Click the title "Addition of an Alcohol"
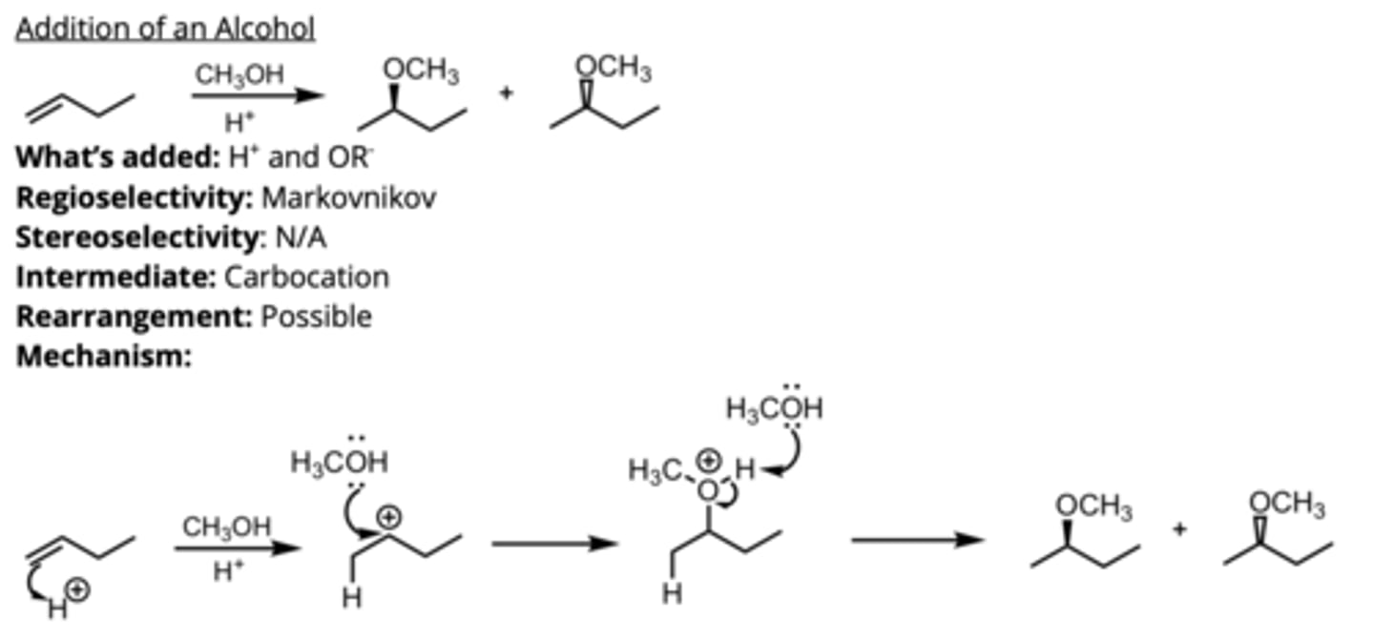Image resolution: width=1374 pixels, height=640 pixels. coord(165,30)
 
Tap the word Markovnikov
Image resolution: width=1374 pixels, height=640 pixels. coord(349,198)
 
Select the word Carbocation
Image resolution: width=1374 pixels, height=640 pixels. coord(306,277)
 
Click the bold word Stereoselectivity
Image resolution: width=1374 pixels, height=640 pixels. coord(135,237)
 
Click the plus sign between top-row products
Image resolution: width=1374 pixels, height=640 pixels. coord(506,93)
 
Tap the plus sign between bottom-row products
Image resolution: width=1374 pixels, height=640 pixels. coord(1179,527)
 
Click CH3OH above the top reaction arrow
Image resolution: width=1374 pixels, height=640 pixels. coord(239,75)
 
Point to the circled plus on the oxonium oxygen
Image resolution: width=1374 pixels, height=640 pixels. coord(708,461)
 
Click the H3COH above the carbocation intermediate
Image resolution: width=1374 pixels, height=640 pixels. coord(340,463)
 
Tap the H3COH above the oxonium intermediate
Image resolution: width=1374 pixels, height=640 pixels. coord(774,408)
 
